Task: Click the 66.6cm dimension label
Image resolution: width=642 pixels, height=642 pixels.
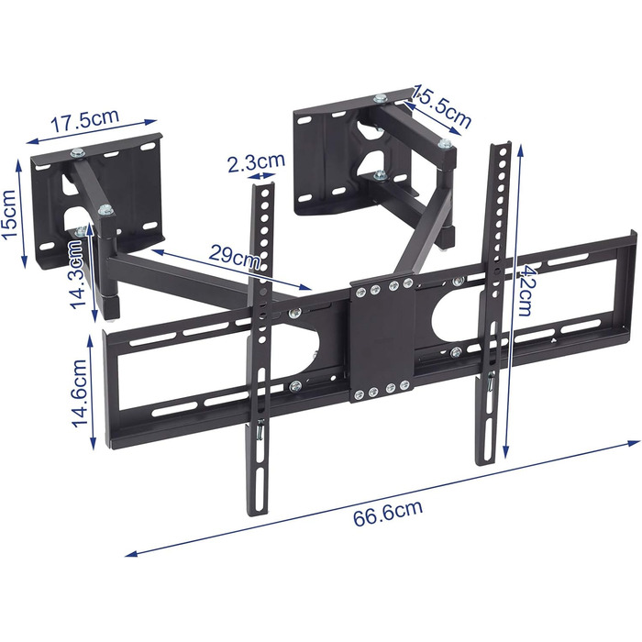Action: click(x=387, y=512)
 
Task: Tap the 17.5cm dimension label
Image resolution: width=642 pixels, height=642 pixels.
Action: click(x=85, y=119)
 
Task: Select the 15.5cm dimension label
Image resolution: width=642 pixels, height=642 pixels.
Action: click(x=442, y=105)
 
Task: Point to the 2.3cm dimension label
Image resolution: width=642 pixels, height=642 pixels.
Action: click(x=256, y=161)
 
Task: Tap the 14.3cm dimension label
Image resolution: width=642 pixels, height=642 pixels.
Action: click(x=78, y=273)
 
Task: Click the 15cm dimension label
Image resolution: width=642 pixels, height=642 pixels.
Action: click(x=9, y=214)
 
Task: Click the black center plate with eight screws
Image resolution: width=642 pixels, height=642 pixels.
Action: click(x=382, y=339)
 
